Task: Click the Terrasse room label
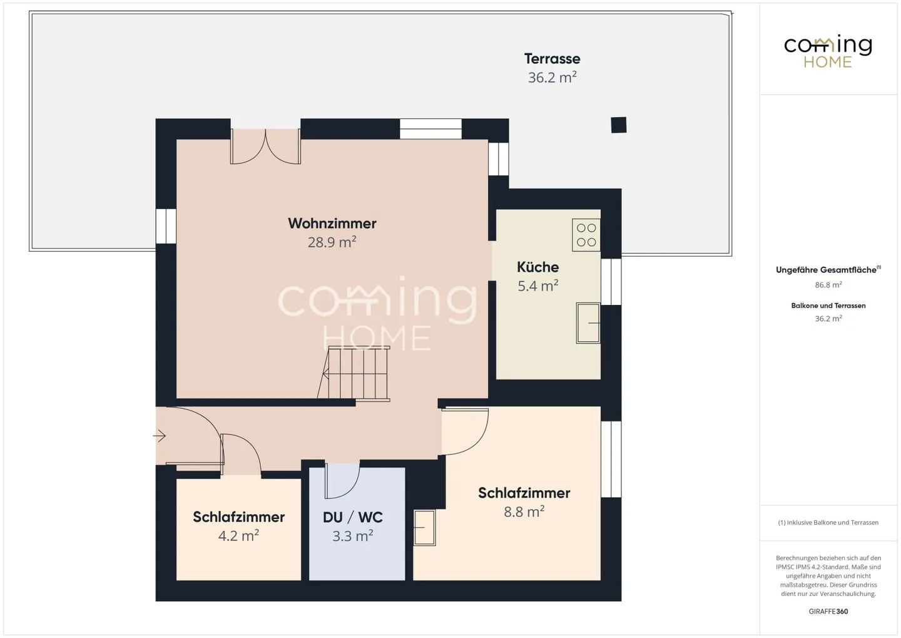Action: (552, 59)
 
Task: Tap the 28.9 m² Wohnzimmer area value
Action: (332, 242)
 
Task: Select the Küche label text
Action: (538, 267)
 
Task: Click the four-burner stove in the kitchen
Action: (586, 235)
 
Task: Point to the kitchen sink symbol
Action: (588, 323)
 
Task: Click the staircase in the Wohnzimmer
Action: (354, 374)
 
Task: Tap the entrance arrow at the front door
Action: (160, 436)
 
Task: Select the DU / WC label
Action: (353, 517)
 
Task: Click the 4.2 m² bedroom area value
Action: (238, 536)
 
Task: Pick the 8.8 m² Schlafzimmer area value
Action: (524, 512)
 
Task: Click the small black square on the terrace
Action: (619, 125)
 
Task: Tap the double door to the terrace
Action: (265, 147)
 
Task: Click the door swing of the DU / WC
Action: (342, 481)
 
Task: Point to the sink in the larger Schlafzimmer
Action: (425, 528)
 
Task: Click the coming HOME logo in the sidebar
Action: (828, 52)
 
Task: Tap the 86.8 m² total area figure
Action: (828, 285)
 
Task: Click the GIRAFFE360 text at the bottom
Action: (828, 612)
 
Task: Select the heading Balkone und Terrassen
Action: (828, 306)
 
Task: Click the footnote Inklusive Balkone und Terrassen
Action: (828, 522)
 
